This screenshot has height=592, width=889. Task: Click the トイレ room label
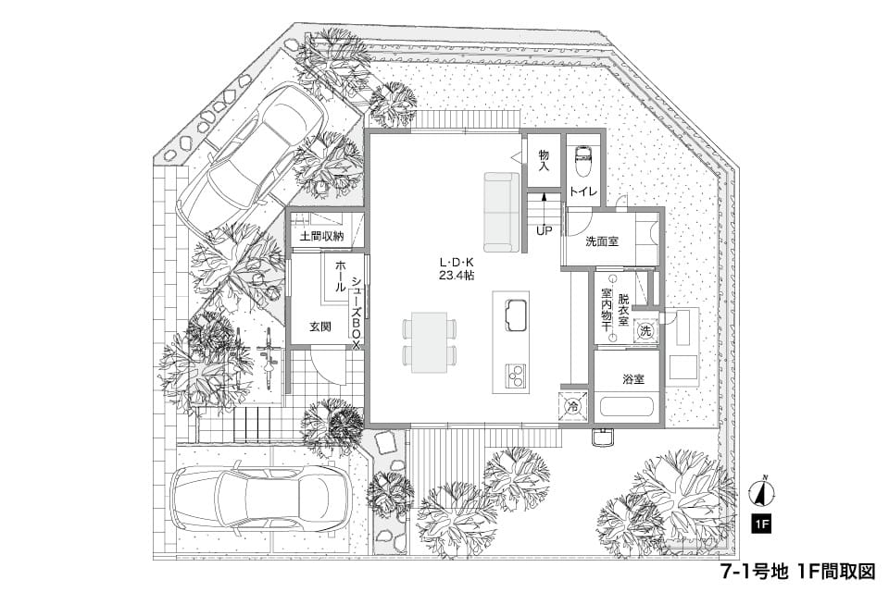point(582,191)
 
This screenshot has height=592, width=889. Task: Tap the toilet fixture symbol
point(583,161)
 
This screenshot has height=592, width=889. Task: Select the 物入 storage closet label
point(544,160)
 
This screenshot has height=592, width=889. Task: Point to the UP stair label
point(545,231)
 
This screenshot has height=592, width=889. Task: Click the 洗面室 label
point(602,242)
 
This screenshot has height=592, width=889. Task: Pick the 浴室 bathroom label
point(633,379)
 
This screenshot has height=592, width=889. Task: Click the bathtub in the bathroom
point(627,408)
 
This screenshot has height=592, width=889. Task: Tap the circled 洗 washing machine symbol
point(645,331)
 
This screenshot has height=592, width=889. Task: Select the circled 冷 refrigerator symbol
point(573,406)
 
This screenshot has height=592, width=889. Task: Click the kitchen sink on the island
point(516,314)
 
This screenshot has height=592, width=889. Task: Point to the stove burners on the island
point(516,375)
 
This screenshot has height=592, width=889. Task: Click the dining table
point(429,342)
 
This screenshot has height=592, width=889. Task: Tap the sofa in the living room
point(501,212)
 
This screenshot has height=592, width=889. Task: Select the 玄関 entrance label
point(320,327)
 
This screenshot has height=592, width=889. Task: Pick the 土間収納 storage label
point(321,236)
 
